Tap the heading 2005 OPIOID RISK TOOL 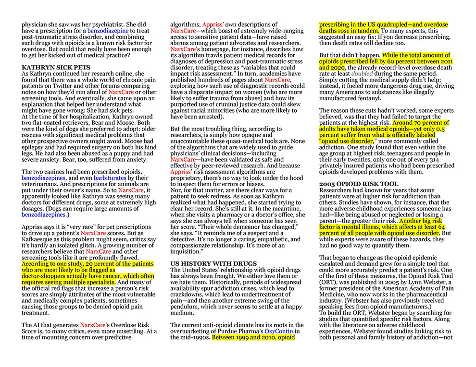tap(359, 184)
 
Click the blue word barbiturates tap(112, 178)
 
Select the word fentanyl tap(381, 98)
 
